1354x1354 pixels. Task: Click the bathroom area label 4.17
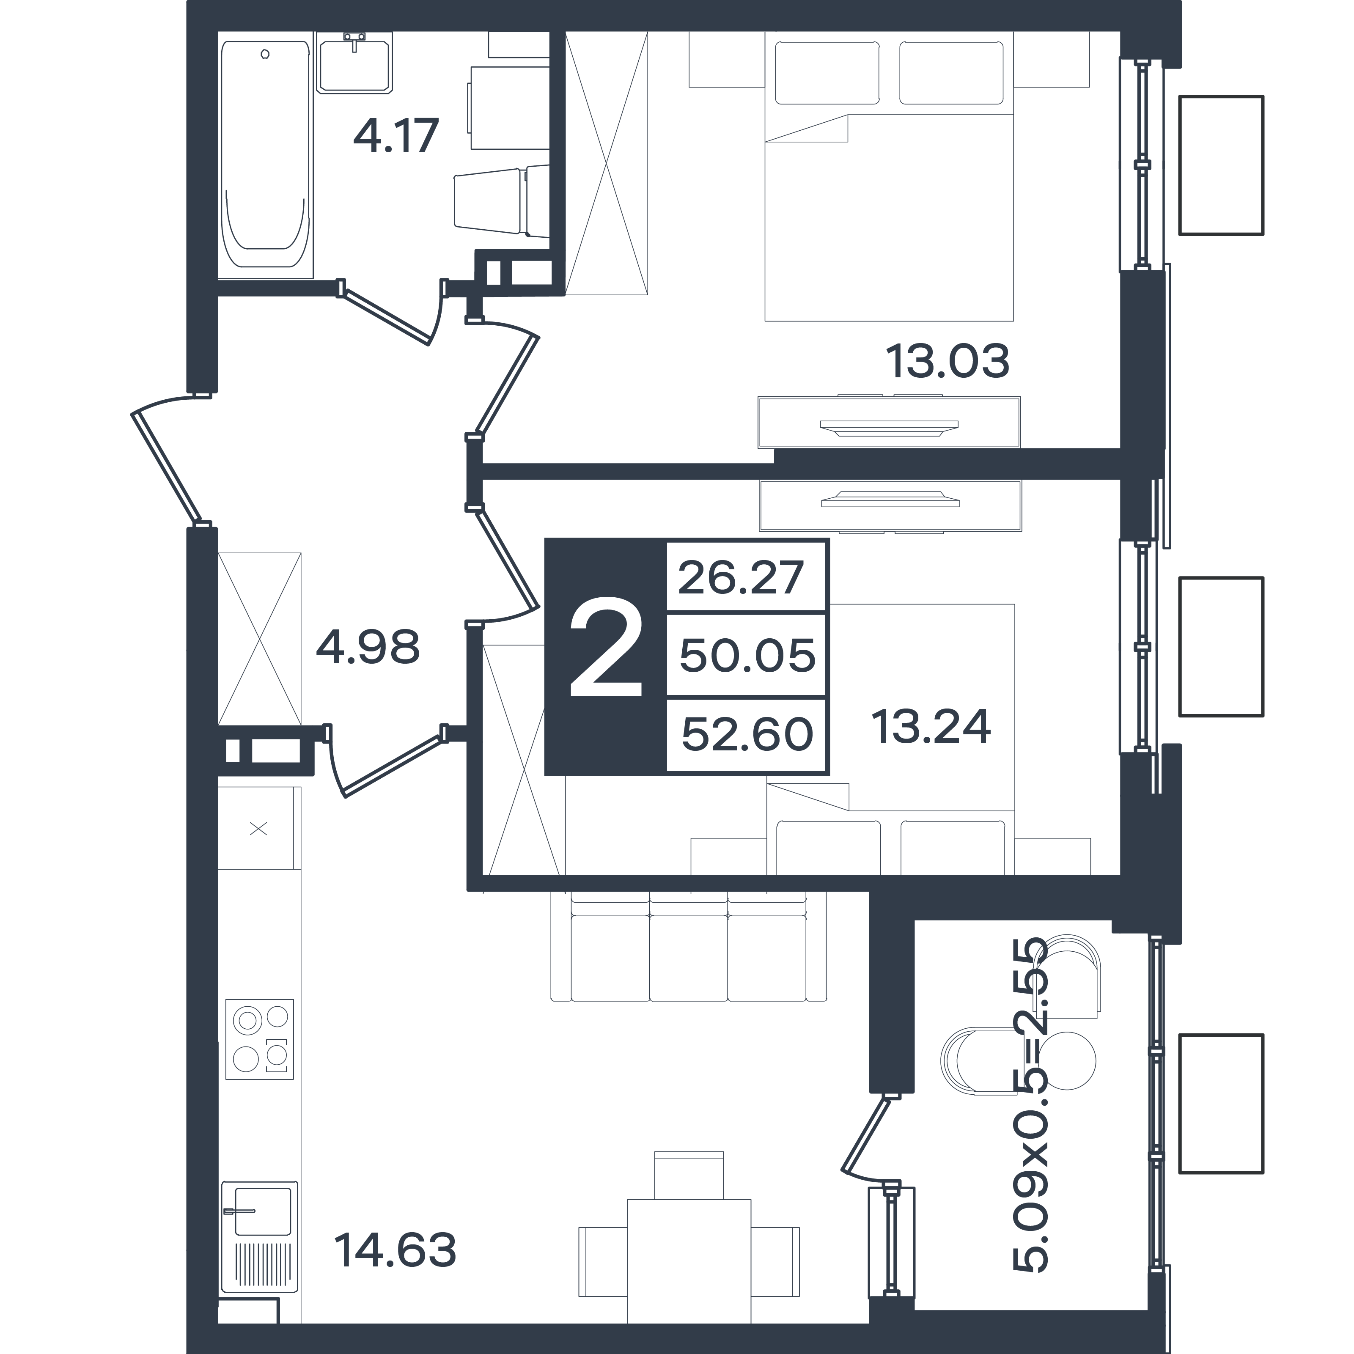396,136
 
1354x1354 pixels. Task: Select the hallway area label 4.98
368,647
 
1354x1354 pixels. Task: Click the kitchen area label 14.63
396,1250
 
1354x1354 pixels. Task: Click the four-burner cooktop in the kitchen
259,1039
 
